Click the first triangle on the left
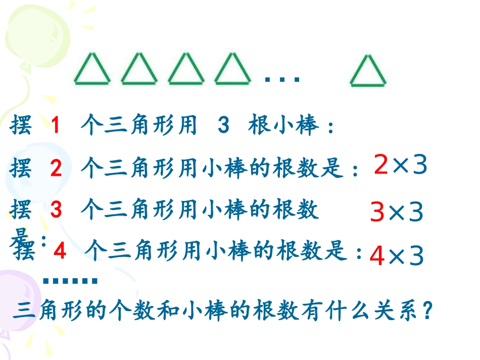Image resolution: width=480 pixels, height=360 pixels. click(x=92, y=71)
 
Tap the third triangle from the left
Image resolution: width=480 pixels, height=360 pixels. click(x=186, y=71)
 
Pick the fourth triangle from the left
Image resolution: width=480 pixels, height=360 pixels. click(x=233, y=71)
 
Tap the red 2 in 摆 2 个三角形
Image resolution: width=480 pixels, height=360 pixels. click(x=56, y=169)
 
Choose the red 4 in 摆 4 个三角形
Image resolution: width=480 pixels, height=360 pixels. click(x=60, y=251)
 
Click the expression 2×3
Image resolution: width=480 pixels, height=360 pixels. click(x=401, y=165)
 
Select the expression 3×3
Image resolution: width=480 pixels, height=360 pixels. click(x=397, y=214)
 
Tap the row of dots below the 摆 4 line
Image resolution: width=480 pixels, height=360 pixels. click(x=70, y=281)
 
